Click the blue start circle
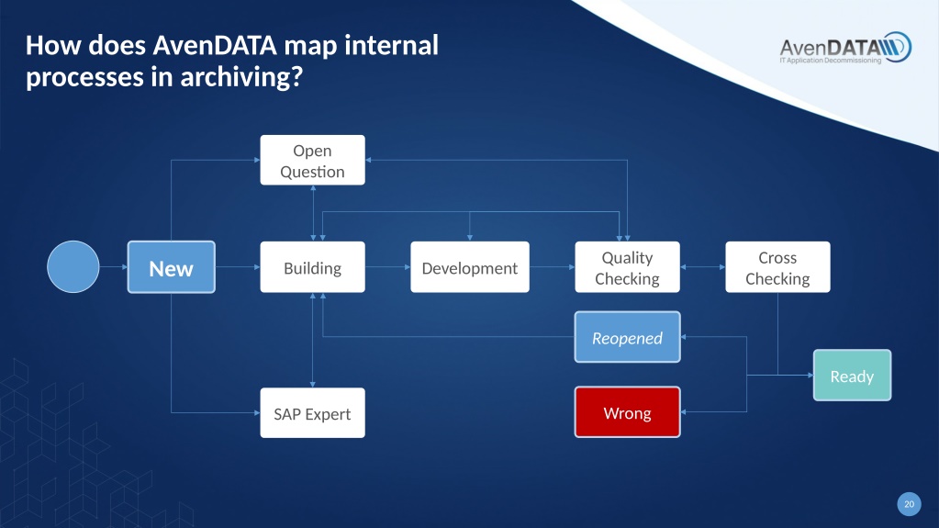(x=73, y=266)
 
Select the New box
(x=172, y=267)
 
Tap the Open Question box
(x=313, y=160)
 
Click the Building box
(x=313, y=267)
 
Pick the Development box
(x=470, y=267)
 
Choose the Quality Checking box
(x=628, y=267)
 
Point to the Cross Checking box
(x=777, y=267)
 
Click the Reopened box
(x=628, y=337)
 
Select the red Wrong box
(x=628, y=412)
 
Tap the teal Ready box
(x=852, y=376)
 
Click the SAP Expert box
(x=313, y=413)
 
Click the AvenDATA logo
(x=845, y=48)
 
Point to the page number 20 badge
(x=909, y=504)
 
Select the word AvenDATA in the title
(x=215, y=46)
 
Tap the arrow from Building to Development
(x=388, y=267)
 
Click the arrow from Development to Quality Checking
(x=553, y=267)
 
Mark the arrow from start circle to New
(x=113, y=267)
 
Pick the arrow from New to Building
(x=238, y=267)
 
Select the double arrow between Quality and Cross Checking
(x=703, y=267)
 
